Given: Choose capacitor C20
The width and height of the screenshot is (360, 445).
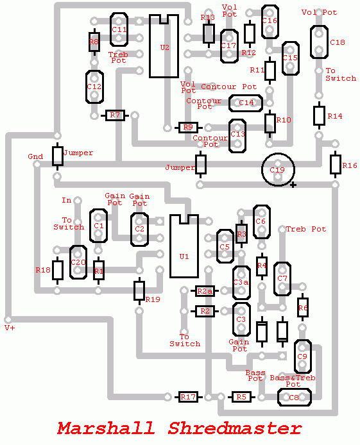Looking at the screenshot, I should click(78, 262).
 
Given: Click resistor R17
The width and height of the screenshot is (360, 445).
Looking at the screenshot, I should click(188, 398).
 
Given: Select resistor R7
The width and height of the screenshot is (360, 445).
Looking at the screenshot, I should click(116, 115).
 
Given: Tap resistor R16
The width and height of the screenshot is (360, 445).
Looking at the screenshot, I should click(335, 165).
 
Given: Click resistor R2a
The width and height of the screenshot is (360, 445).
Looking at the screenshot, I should click(205, 292).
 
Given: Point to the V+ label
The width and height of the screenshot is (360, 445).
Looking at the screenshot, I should click(10, 328).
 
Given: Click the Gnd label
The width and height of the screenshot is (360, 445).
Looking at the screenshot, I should click(35, 156).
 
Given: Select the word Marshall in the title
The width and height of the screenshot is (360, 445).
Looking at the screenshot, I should click(107, 428).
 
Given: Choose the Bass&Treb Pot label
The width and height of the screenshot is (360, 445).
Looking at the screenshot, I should click(292, 381).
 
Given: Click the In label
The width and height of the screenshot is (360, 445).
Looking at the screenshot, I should click(67, 200).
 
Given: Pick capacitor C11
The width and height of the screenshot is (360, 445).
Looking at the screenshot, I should click(119, 29).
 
